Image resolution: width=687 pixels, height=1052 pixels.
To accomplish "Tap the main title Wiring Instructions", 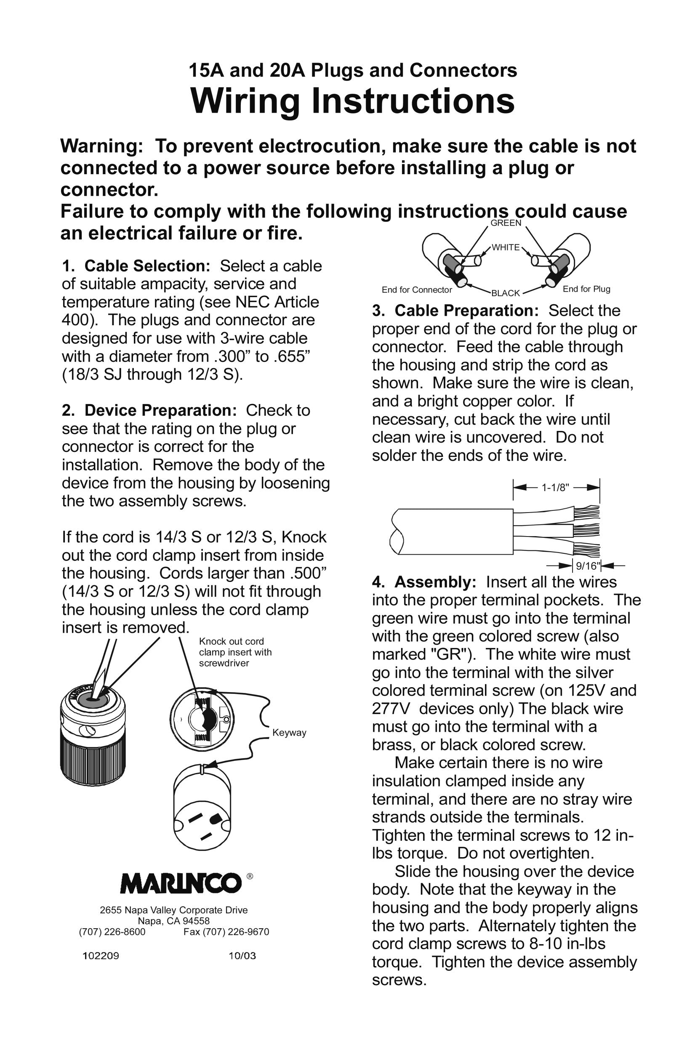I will pos(352,101).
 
